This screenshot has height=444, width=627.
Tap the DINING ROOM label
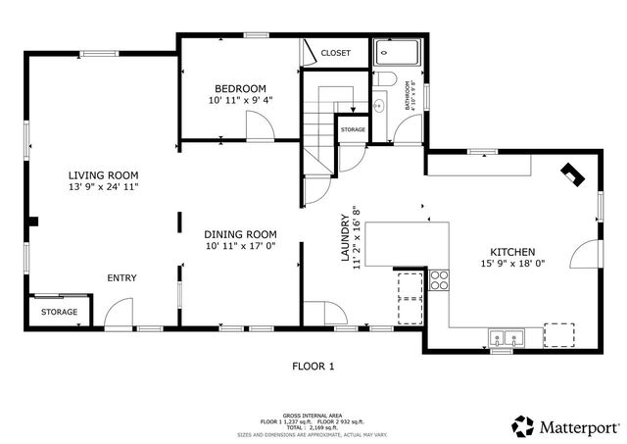[x=241, y=234]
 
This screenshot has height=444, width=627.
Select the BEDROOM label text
[x=240, y=88]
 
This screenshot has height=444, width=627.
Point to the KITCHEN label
[x=512, y=251]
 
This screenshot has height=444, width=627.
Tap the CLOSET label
[x=336, y=53]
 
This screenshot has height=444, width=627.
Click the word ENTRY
[x=121, y=278]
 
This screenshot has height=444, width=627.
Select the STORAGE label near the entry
[x=59, y=312]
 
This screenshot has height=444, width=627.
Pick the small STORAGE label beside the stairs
[x=353, y=129]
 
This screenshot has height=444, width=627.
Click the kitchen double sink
[x=506, y=339]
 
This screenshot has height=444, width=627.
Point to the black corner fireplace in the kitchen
[x=571, y=175]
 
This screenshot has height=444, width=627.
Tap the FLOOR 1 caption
[x=313, y=366]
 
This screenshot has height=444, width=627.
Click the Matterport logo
[x=565, y=426]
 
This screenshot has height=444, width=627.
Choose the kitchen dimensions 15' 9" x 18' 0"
[x=512, y=263]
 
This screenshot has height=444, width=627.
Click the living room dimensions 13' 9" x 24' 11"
[x=102, y=186]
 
